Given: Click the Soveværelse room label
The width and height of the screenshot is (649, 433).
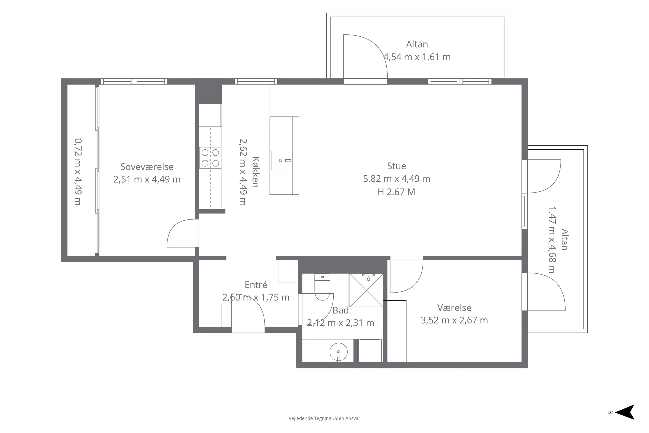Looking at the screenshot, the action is click(x=147, y=167).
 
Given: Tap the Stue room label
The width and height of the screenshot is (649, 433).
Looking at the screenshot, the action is click(x=397, y=166).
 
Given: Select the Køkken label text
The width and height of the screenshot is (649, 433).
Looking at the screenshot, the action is click(x=255, y=172).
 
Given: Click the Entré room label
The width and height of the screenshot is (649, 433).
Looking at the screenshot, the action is click(x=256, y=285).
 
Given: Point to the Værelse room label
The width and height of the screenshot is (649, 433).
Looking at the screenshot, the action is click(x=454, y=308).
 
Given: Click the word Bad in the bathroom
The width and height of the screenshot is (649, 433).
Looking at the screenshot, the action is click(x=341, y=310).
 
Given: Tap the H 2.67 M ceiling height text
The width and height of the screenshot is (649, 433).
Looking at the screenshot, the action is click(x=396, y=192).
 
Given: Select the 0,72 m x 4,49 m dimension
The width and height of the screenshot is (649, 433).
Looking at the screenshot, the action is click(x=78, y=172).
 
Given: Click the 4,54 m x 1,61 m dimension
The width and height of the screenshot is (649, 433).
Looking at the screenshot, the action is click(x=417, y=57).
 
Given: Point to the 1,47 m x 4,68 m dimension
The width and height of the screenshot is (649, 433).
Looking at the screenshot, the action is click(x=552, y=240).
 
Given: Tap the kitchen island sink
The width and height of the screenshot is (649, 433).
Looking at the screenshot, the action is click(x=280, y=160).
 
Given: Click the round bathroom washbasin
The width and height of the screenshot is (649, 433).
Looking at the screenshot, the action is click(x=339, y=352).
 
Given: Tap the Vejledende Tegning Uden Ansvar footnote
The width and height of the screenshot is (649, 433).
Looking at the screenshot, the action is click(x=324, y=418).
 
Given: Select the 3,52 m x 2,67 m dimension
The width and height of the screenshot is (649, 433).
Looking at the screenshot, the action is click(x=454, y=320).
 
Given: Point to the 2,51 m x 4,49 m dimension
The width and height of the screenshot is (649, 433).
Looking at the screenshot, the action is click(x=147, y=179).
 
